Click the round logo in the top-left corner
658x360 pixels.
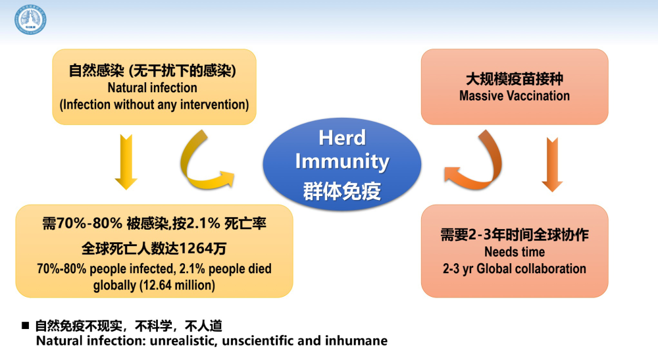(x=30, y=20)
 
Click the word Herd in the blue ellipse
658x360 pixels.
(x=342, y=138)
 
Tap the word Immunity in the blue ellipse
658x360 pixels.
(x=342, y=162)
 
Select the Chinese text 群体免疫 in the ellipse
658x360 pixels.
(x=342, y=191)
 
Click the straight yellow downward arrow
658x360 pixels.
(x=126, y=162)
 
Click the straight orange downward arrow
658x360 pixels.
(x=552, y=165)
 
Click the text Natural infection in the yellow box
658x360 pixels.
(x=153, y=88)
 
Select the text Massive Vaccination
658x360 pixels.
(x=515, y=95)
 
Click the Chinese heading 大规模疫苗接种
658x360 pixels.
(x=515, y=78)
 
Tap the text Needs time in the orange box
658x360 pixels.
(x=515, y=252)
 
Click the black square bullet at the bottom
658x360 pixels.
(x=26, y=325)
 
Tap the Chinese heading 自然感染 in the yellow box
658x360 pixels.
(x=96, y=70)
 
